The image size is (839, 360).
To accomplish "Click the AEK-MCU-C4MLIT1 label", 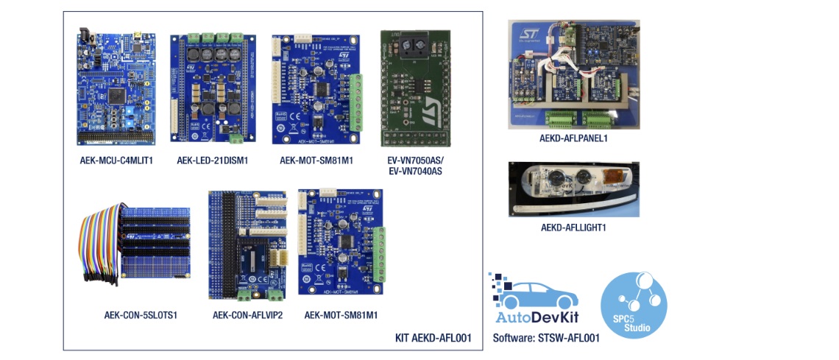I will [116, 159].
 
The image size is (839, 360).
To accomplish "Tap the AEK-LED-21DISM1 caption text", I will [214, 159].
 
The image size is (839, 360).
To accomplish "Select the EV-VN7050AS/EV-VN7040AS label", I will [415, 166].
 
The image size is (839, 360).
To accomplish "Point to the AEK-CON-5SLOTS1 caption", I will [141, 315].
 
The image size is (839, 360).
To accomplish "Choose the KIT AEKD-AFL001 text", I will [433, 338].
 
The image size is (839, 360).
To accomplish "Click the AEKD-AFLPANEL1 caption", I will [573, 137].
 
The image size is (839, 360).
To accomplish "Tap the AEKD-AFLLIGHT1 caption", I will [573, 227].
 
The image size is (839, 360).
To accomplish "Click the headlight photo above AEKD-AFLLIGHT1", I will [573, 189].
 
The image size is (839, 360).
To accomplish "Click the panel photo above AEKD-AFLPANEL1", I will [573, 74].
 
